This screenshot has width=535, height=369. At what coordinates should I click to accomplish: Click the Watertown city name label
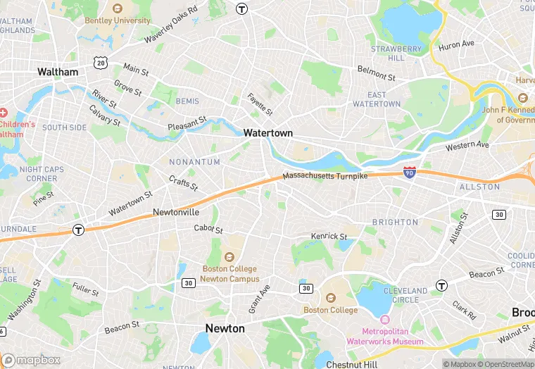tap(267, 132)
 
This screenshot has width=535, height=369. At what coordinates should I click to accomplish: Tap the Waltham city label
tap(58, 72)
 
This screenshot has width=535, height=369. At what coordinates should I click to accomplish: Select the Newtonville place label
tap(176, 212)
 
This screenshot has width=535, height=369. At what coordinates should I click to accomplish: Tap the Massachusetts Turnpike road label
tap(325, 176)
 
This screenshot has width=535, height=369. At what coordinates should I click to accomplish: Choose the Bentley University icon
tap(118, 9)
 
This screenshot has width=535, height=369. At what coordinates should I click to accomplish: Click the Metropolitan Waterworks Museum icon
tap(384, 320)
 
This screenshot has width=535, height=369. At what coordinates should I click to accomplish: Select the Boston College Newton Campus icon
tap(229, 257)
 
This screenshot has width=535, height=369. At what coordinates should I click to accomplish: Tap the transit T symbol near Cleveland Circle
tap(441, 285)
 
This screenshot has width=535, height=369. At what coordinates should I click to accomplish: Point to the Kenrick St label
tap(329, 236)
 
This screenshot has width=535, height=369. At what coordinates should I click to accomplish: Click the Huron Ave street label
tap(456, 45)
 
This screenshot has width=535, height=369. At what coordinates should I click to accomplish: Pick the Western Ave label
tap(467, 146)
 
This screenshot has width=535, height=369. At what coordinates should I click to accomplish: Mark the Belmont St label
tap(377, 72)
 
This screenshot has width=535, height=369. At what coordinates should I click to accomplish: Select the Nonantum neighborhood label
tap(194, 162)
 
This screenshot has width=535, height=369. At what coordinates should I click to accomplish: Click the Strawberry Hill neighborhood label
tap(396, 54)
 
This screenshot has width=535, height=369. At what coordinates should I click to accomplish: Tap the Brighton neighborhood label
tap(395, 222)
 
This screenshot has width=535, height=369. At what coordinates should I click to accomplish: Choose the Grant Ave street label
tap(259, 299)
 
